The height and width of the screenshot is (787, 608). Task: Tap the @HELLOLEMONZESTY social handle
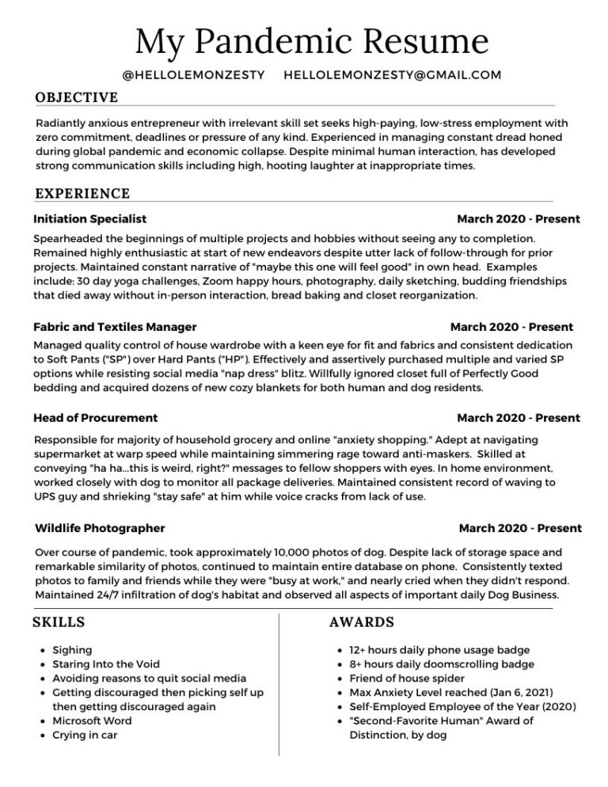coord(194,75)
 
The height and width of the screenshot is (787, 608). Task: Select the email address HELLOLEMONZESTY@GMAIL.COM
coord(392,75)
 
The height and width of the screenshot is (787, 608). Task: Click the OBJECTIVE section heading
coord(77,97)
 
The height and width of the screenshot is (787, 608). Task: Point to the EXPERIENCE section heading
coord(82,193)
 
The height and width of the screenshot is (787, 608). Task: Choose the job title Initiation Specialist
coord(90,219)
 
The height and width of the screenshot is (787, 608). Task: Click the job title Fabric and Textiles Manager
coord(115,326)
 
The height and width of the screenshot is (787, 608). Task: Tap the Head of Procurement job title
coord(96,417)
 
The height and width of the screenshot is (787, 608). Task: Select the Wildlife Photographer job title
coord(101,528)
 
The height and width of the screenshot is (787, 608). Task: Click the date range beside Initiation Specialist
coord(518,219)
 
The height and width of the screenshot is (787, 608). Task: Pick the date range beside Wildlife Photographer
coord(519,528)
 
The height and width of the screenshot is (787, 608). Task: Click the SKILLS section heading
coord(59,622)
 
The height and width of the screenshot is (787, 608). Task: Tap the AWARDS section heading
coord(362,622)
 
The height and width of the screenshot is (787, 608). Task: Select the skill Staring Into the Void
coord(105,664)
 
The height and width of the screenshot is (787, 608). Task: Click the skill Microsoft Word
coord(92,720)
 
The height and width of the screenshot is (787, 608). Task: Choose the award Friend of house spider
coord(406,679)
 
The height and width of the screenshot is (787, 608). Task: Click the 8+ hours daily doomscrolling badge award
coord(442,664)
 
